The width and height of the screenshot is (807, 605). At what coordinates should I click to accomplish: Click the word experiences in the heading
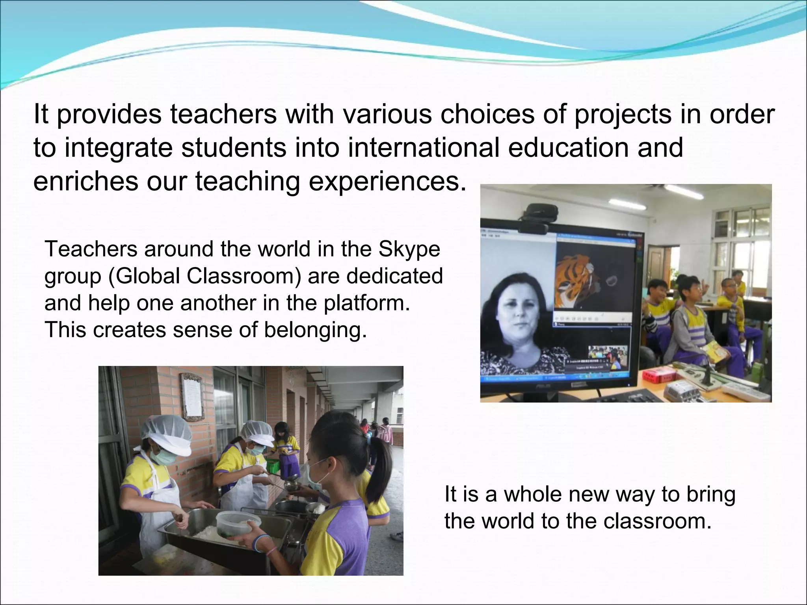click(x=384, y=182)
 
